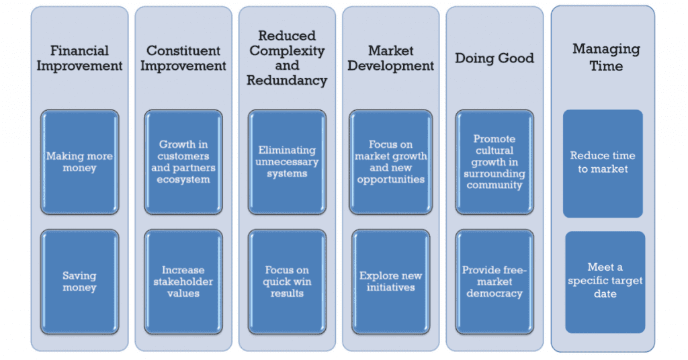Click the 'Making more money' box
pyautogui.click(x=79, y=162)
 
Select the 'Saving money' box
pyautogui.click(x=79, y=281)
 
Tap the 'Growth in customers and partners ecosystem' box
pyautogui.click(x=183, y=162)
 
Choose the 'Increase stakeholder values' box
pyautogui.click(x=183, y=281)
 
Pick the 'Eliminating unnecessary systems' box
pyautogui.click(x=287, y=162)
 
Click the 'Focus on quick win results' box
pyautogui.click(x=287, y=281)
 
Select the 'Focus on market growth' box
pyautogui.click(x=391, y=162)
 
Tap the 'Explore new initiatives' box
pyautogui.click(x=391, y=281)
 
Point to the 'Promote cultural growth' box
pyautogui.click(x=494, y=162)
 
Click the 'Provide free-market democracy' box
pyautogui.click(x=494, y=281)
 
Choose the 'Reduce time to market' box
pyautogui.click(x=603, y=164)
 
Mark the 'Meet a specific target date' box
pyautogui.click(x=605, y=282)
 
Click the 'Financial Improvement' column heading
pyautogui.click(x=79, y=58)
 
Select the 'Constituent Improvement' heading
pyautogui.click(x=183, y=58)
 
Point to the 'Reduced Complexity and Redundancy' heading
pyautogui.click(x=287, y=58)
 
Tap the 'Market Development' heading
pyautogui.click(x=391, y=58)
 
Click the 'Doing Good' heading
pyautogui.click(x=494, y=58)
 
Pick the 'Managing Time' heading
pyautogui.click(x=606, y=58)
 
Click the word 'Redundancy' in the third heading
pyautogui.click(x=287, y=81)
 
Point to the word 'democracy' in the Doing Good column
pyautogui.click(x=494, y=294)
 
